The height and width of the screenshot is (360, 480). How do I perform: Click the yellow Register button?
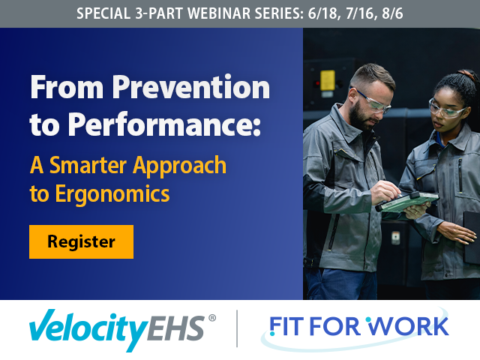(x=82, y=241)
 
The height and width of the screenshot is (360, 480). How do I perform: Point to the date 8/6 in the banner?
(x=392, y=13)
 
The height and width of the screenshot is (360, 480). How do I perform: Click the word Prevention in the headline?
(x=191, y=87)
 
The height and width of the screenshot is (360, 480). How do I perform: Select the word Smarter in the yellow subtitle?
(x=88, y=165)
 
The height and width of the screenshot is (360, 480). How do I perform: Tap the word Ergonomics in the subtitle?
(x=112, y=194)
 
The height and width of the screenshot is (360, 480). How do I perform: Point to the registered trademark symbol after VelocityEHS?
(x=211, y=318)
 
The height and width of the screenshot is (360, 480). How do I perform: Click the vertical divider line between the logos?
(x=237, y=328)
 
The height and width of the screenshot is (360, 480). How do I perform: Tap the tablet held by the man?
(x=407, y=202)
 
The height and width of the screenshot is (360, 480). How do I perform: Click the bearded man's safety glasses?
(x=372, y=100)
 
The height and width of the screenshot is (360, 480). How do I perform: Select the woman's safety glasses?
(x=445, y=109)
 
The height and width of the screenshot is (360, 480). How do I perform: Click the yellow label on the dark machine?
(x=328, y=80)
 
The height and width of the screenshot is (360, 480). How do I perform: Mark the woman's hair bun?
(x=466, y=75)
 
